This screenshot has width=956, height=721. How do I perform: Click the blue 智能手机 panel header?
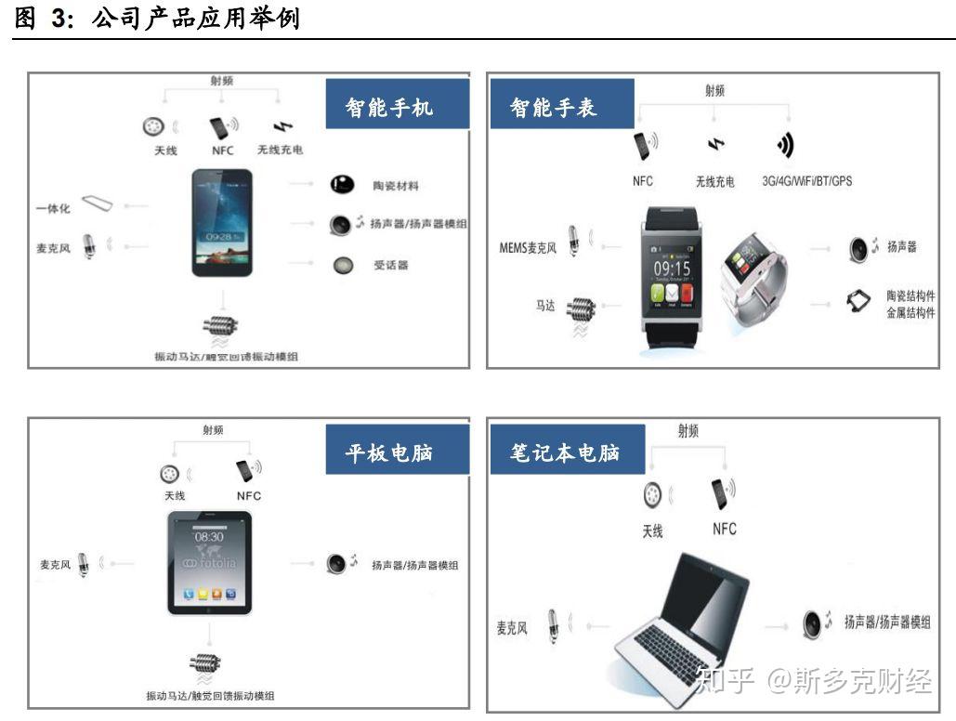(x=388, y=106)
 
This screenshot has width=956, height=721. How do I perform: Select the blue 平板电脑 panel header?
(x=388, y=452)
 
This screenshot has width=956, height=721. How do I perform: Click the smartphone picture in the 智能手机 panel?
(x=222, y=222)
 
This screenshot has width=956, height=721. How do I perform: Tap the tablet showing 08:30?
(x=209, y=563)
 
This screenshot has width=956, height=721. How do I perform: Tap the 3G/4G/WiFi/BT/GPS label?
(x=806, y=181)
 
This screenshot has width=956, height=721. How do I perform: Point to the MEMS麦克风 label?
(x=528, y=248)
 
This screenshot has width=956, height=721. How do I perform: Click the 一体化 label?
(x=53, y=208)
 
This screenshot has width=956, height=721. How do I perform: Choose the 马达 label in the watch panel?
(x=545, y=305)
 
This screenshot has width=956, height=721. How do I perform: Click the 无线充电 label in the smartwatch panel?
(x=714, y=182)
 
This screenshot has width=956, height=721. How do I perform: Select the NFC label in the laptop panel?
(x=725, y=529)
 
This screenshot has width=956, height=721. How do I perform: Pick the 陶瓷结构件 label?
(x=910, y=295)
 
